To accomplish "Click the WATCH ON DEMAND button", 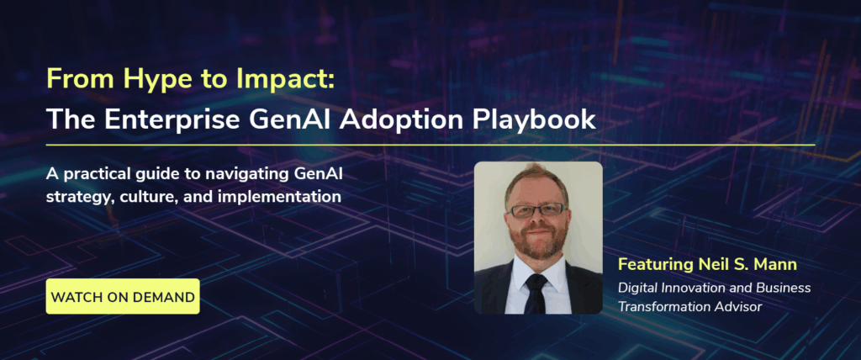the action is tap(123, 297).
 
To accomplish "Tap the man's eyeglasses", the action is tap(537, 209).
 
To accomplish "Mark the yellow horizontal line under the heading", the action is tap(430, 146).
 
